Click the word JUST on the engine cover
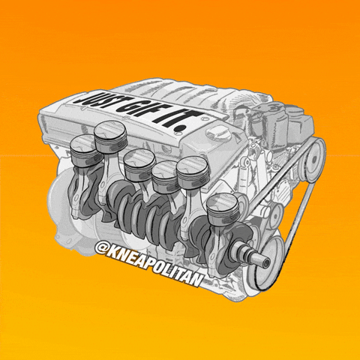click(x=96, y=99)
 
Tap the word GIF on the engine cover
click(x=136, y=110)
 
